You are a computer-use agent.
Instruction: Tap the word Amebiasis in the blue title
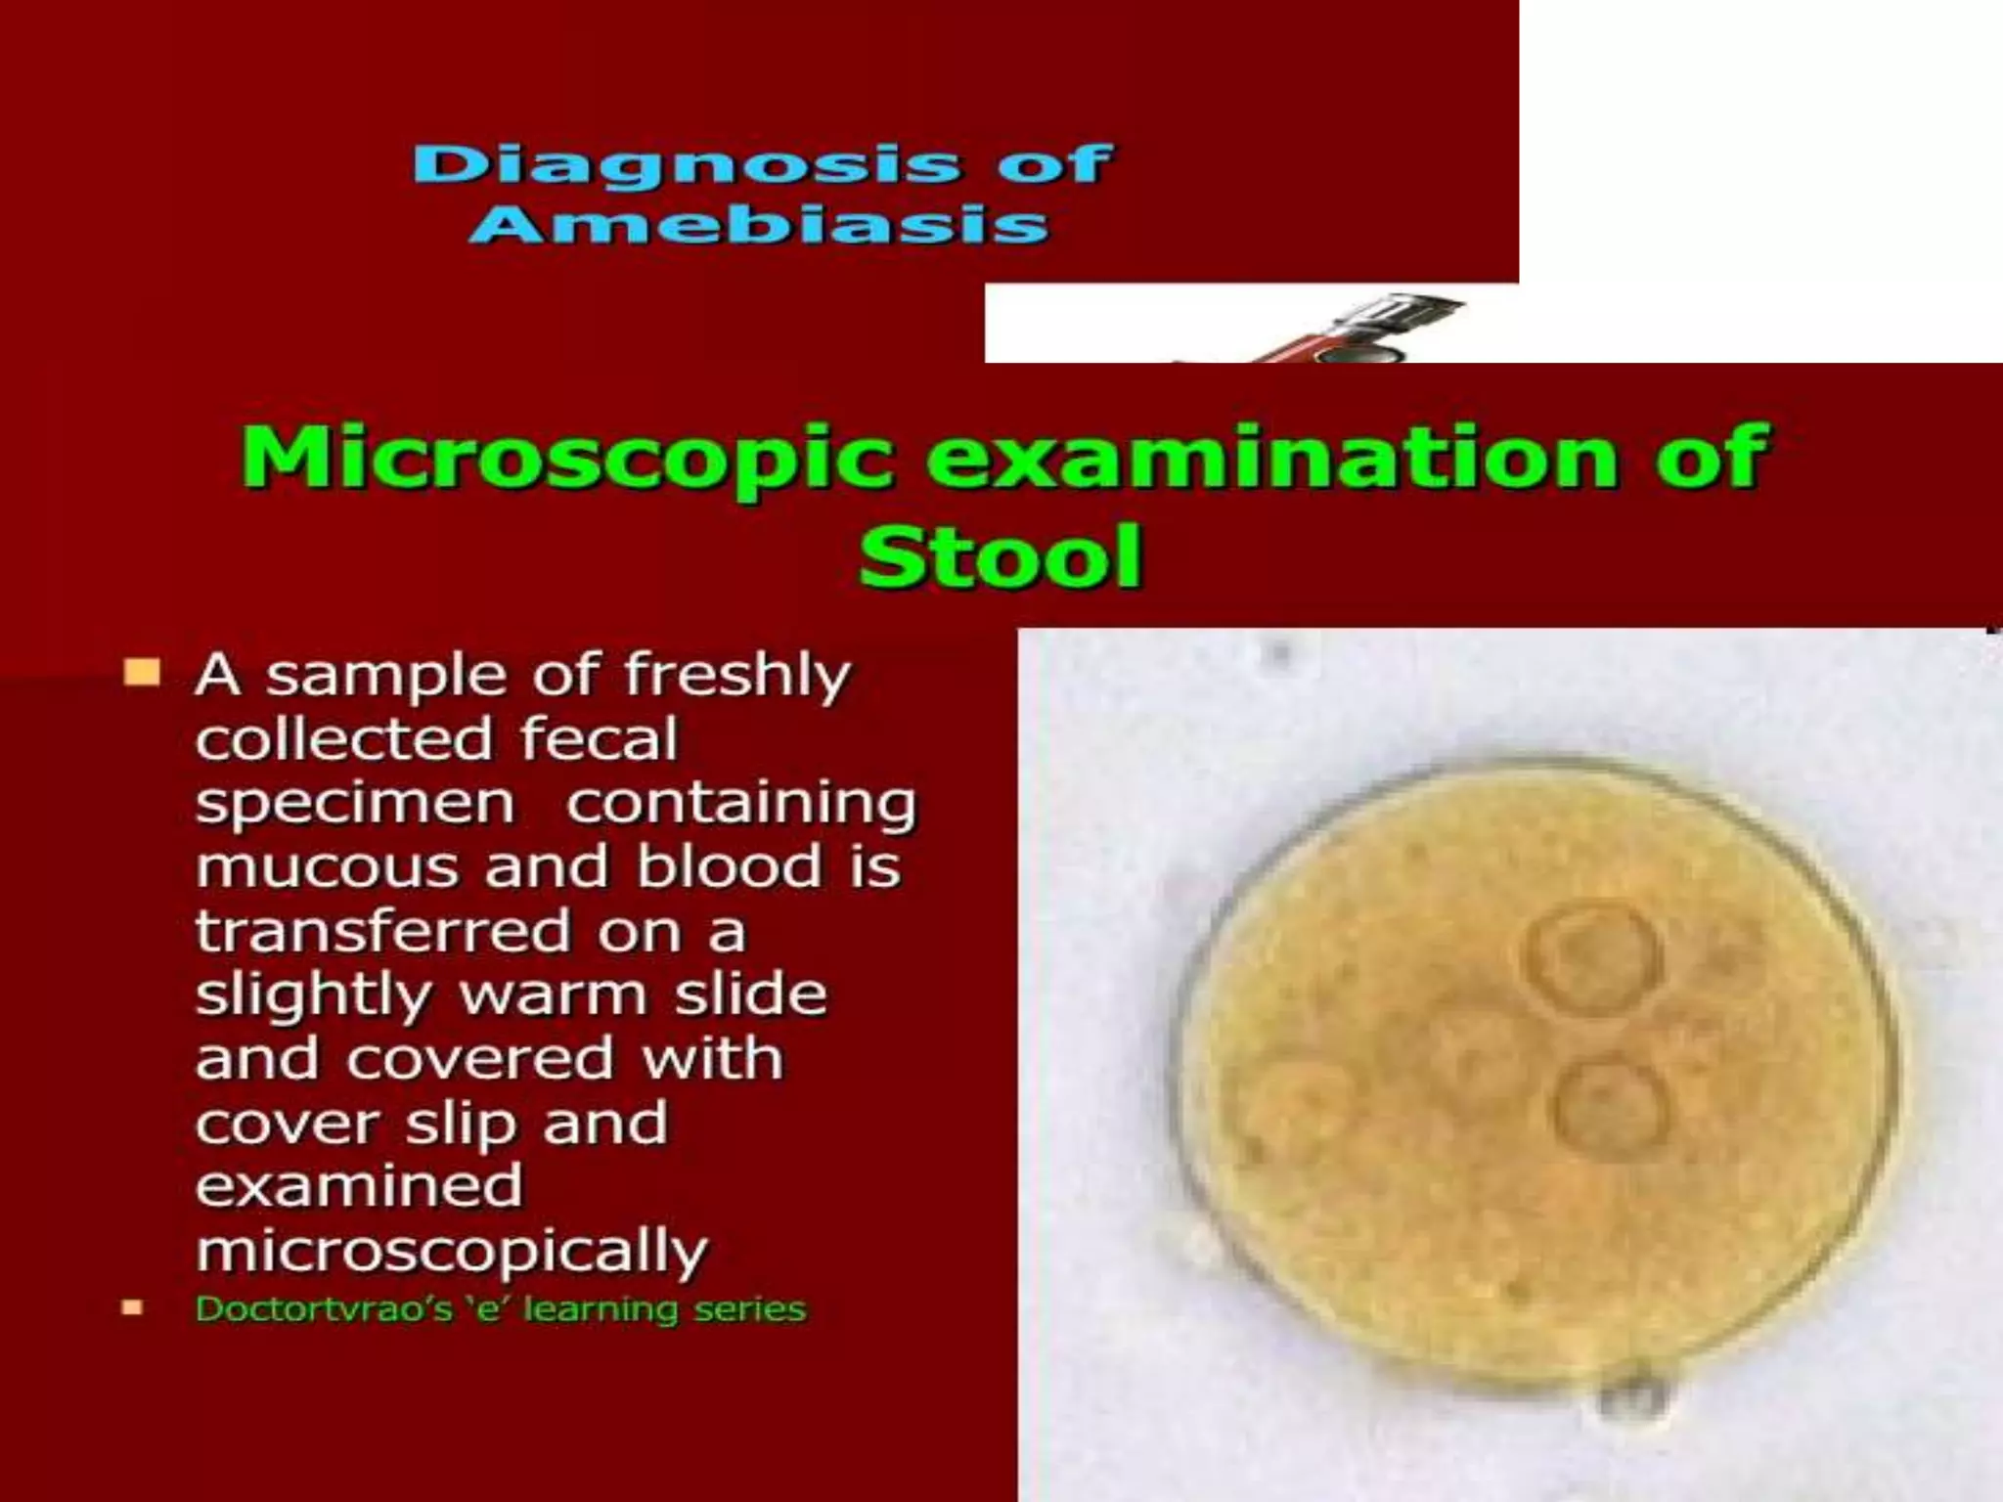point(759,226)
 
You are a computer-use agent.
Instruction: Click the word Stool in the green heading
point(1000,557)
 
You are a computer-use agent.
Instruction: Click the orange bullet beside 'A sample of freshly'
point(142,673)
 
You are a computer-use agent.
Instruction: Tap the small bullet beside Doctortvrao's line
point(132,1307)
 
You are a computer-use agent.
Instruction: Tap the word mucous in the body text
point(327,867)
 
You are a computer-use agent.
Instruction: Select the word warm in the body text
point(554,995)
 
